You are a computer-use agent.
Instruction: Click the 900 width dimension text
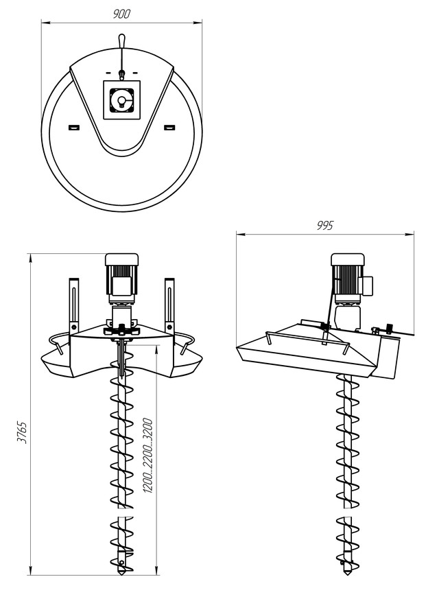[x=121, y=14]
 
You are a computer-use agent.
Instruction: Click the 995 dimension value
[x=324, y=226]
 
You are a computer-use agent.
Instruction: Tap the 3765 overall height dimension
[x=22, y=432]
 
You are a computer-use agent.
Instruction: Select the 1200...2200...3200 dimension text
[x=147, y=456]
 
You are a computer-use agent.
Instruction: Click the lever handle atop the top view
[x=121, y=40]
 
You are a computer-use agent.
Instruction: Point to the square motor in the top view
[x=121, y=100]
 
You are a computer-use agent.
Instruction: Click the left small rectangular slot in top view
[x=74, y=128]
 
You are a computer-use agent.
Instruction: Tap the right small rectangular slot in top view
[x=169, y=128]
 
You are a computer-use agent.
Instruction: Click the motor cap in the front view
[x=121, y=259]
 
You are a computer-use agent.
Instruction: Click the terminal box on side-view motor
[x=368, y=285]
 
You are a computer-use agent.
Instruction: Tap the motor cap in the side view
[x=348, y=259]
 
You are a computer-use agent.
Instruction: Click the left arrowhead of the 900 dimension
[x=44, y=23]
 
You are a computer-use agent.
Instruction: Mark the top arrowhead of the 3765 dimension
[x=30, y=257]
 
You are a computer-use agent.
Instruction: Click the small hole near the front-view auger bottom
[x=121, y=563]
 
